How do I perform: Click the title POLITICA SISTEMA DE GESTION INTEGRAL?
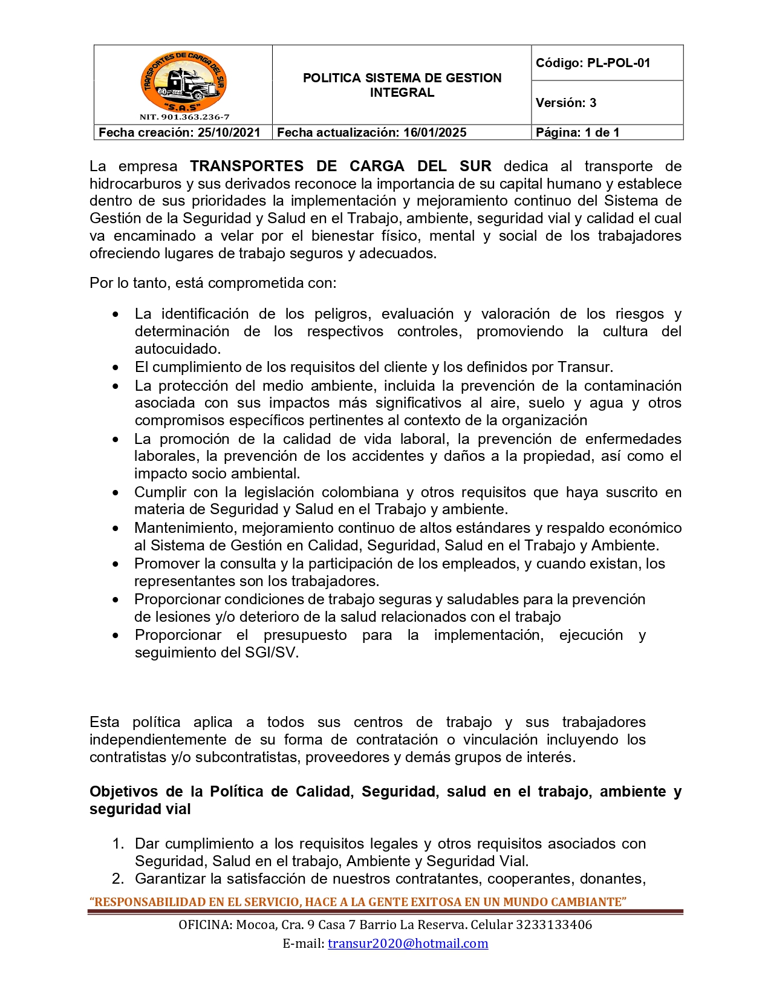click(402, 85)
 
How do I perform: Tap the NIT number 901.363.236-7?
click(195, 117)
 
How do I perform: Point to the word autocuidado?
click(177, 349)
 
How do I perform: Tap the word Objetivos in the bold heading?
click(123, 792)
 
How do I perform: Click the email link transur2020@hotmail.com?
click(408, 944)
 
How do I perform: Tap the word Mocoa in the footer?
click(253, 925)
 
